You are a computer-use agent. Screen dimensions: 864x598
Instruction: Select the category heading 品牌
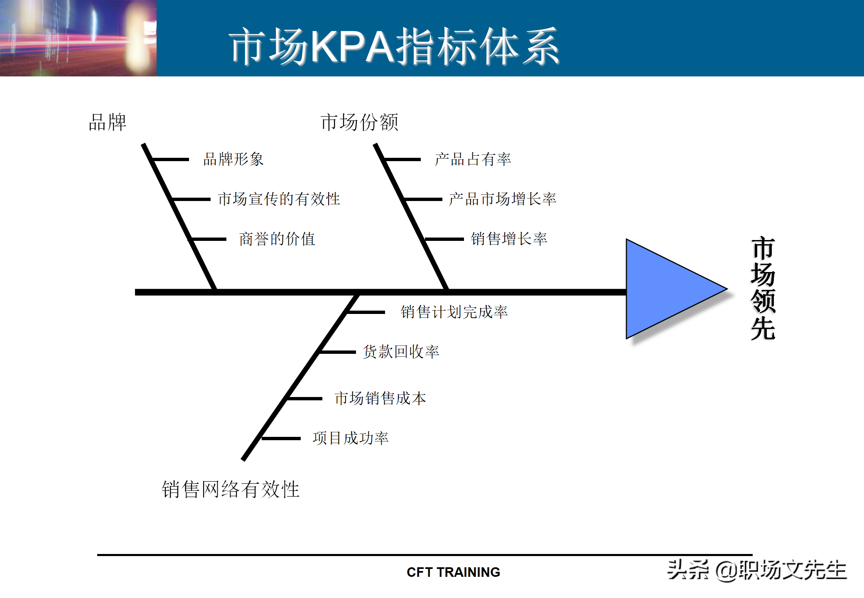(x=108, y=123)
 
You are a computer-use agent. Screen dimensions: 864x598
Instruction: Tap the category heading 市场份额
(x=359, y=123)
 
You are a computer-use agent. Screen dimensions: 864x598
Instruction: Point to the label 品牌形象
(x=233, y=159)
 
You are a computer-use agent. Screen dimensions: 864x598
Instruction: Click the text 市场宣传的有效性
(x=279, y=199)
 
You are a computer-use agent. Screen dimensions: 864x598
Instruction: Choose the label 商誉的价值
(x=277, y=239)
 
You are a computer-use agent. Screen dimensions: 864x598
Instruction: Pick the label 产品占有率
(x=473, y=159)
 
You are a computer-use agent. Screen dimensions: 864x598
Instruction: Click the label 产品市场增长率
(x=503, y=199)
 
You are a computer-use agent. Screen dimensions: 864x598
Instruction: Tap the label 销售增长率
(x=509, y=239)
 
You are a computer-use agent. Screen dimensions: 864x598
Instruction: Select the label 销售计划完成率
(x=454, y=312)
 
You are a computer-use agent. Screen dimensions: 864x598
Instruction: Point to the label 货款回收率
(x=401, y=352)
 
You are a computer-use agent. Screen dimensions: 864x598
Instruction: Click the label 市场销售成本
(x=380, y=398)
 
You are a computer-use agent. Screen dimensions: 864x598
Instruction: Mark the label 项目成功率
(x=351, y=438)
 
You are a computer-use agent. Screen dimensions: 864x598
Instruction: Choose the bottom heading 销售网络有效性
(x=231, y=489)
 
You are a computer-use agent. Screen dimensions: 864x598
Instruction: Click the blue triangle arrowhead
(x=665, y=289)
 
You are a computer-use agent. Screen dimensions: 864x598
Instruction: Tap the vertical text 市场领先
(x=763, y=289)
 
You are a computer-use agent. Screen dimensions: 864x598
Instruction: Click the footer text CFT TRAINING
(x=453, y=572)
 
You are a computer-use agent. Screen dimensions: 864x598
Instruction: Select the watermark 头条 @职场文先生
(x=757, y=570)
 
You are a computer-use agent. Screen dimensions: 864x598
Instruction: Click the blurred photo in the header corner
(x=78, y=38)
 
